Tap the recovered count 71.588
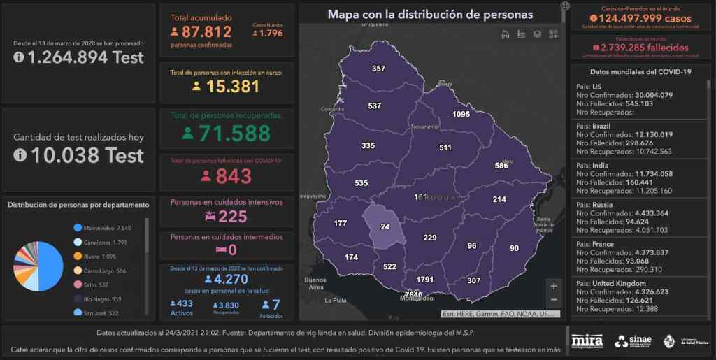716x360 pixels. click(235, 133)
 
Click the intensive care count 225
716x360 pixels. click(233, 217)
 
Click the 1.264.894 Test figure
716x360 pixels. click(85, 57)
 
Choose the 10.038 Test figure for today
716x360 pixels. click(85, 155)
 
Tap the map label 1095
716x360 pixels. click(461, 114)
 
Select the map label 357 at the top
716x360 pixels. click(378, 69)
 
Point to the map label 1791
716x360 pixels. click(425, 280)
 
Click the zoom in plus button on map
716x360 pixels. click(554, 285)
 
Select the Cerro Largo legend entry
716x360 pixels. click(102, 270)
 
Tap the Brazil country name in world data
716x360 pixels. click(601, 126)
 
